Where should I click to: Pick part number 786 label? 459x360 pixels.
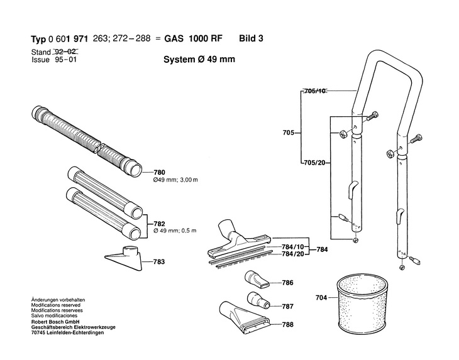click(288, 283)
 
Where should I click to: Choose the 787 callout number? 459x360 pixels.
click(288, 307)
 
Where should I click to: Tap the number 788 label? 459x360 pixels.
click(288, 325)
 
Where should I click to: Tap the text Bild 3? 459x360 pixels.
click(251, 38)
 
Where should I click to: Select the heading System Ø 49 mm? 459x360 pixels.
click(197, 62)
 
